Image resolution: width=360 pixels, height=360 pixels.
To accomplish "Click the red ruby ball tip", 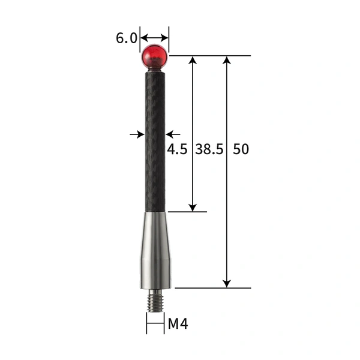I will pyautogui.click(x=155, y=56).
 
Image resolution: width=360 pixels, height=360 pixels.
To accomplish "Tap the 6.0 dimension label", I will pyautogui.click(x=126, y=38).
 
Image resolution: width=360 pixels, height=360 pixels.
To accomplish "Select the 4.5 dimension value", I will pyautogui.click(x=178, y=149).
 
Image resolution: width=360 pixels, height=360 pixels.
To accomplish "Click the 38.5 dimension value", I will pyautogui.click(x=209, y=149).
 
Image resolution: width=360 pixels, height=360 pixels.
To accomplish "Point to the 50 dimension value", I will pyautogui.click(x=241, y=149).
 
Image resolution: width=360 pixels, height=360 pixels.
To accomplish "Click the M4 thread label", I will pyautogui.click(x=178, y=325).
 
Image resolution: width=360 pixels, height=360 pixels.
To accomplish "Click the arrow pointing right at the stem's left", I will pyautogui.click(x=137, y=134).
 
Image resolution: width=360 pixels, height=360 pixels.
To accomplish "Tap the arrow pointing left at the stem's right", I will pyautogui.click(x=173, y=134).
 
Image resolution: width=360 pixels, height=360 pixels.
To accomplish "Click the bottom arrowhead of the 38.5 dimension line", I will pyautogui.click(x=193, y=206).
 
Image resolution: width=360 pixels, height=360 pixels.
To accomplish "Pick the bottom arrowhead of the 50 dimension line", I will pyautogui.click(x=227, y=283).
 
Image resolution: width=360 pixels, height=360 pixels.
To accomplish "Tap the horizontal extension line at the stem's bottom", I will pyautogui.click(x=187, y=211).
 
